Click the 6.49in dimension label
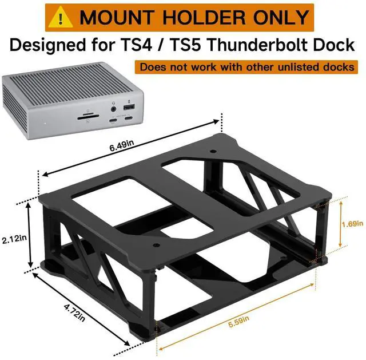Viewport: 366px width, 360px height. pyautogui.click(x=122, y=147)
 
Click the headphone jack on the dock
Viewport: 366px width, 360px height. pyautogui.click(x=113, y=108)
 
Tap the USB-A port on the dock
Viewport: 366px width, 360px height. pyautogui.click(x=129, y=107)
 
